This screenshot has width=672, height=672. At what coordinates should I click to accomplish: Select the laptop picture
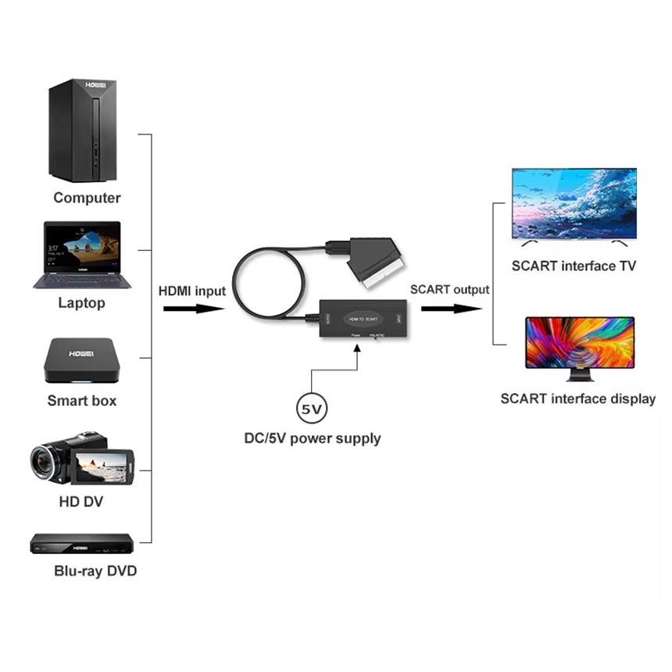82,254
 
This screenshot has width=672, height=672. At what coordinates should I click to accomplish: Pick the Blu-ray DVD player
81,542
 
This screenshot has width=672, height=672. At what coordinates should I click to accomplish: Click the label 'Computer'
87,198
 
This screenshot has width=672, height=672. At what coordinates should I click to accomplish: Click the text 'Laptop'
81,302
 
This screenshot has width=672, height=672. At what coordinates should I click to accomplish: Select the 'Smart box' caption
82,400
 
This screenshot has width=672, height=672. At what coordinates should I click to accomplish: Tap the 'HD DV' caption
81,501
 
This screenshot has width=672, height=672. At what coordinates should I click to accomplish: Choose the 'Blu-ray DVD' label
95,570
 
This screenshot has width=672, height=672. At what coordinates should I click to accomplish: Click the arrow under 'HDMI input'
194,309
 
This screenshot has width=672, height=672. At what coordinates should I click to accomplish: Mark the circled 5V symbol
312,409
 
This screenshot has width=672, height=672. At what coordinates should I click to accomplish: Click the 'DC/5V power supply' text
313,438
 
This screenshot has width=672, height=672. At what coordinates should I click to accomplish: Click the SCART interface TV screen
574,203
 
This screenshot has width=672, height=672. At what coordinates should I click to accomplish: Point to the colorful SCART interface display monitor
579,344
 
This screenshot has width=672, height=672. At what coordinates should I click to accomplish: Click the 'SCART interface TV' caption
574,266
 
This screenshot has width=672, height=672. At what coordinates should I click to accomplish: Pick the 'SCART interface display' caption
578,399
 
